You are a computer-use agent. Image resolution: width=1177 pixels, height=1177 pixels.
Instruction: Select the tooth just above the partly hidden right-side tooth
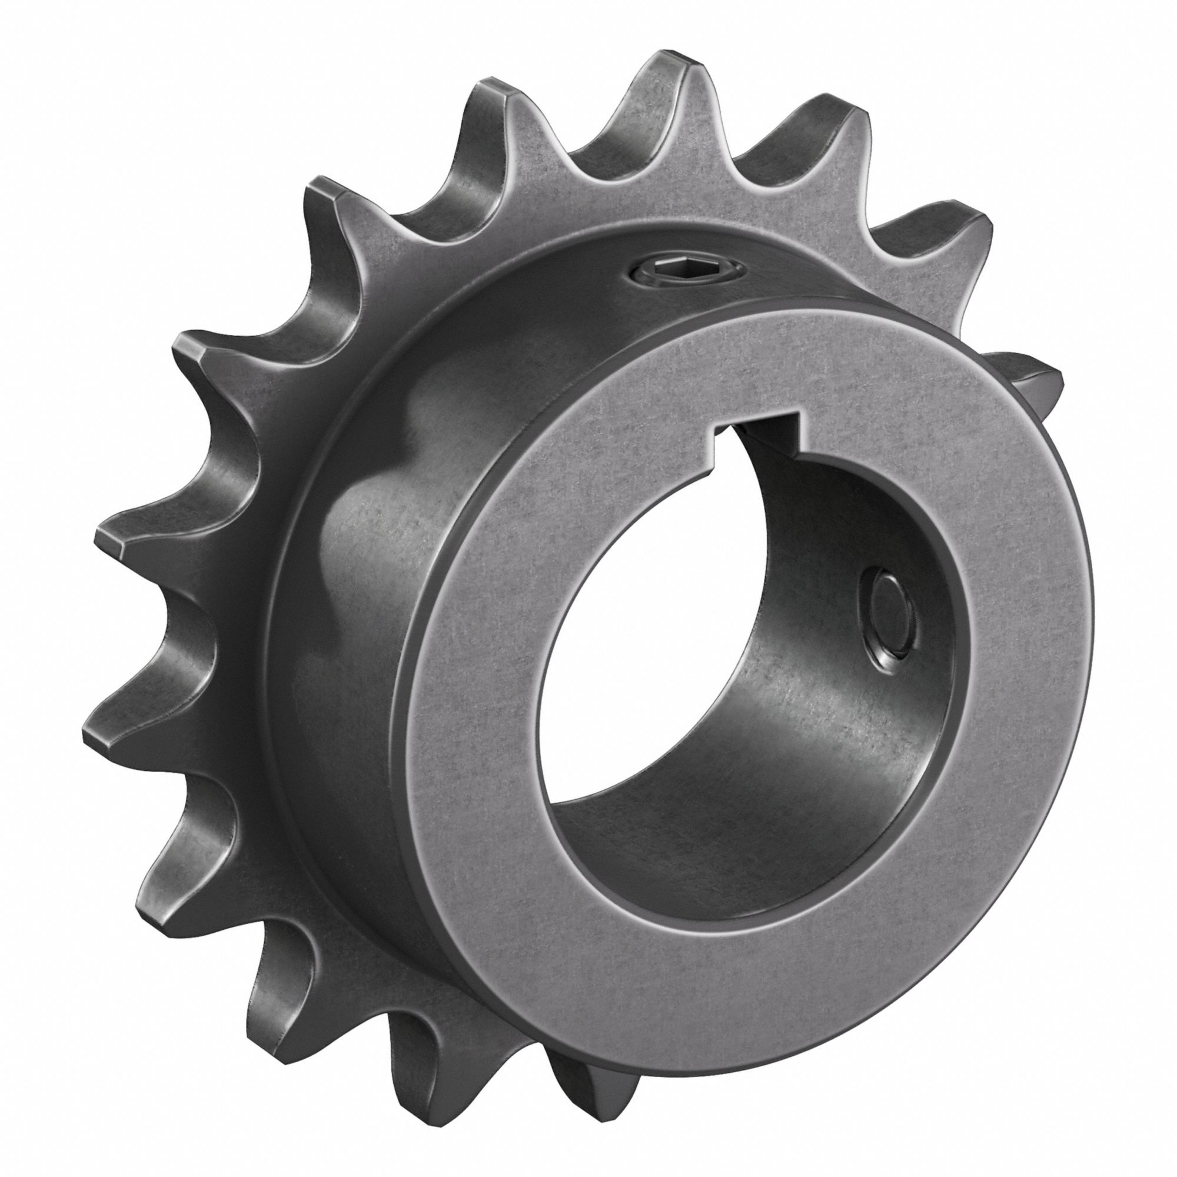(x=950, y=238)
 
